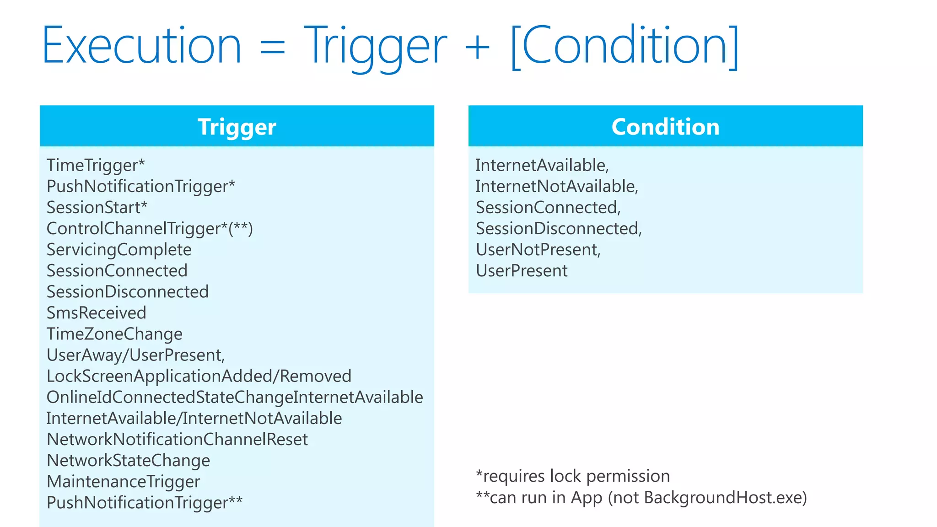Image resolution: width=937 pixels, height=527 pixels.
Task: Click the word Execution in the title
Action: tap(141, 46)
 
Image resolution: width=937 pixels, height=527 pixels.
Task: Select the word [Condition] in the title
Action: tap(625, 46)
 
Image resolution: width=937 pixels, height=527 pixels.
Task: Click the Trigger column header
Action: tap(237, 127)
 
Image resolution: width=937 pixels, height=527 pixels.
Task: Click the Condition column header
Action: tap(665, 127)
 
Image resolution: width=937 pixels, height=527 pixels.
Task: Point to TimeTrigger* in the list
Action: tap(96, 165)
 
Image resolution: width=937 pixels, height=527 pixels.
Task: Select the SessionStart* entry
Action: tap(97, 207)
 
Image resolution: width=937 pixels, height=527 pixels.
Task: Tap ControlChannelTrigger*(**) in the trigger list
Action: tap(150, 228)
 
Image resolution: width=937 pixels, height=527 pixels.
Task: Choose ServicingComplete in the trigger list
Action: tap(119, 250)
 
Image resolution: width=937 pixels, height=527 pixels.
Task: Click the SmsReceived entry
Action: tap(96, 313)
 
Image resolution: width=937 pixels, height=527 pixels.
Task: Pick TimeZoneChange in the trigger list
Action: tap(114, 334)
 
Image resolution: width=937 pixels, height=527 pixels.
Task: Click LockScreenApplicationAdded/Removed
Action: tap(199, 376)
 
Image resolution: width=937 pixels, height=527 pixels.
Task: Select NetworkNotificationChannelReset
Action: tap(177, 439)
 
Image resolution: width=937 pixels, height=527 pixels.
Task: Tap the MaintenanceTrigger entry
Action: tap(123, 481)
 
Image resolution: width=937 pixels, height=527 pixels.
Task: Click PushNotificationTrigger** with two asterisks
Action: tap(145, 502)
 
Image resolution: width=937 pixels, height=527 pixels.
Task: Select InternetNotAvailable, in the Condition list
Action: tap(556, 186)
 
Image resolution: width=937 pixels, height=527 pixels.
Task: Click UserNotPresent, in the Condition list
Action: tap(538, 250)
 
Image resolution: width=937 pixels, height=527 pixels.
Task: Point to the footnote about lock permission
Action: tap(573, 476)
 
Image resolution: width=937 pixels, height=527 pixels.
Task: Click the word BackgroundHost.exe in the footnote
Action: tap(722, 498)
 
